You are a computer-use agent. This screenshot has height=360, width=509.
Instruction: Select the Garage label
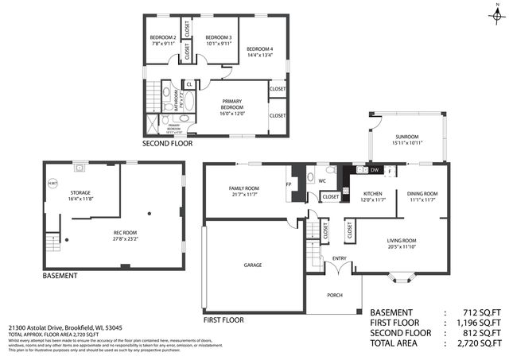tap(252, 265)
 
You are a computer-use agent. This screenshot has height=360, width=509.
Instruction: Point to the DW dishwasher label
tap(374, 170)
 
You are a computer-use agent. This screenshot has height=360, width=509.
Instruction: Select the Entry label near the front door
tap(340, 258)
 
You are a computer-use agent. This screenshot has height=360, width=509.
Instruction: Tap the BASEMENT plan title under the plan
tap(60, 276)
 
